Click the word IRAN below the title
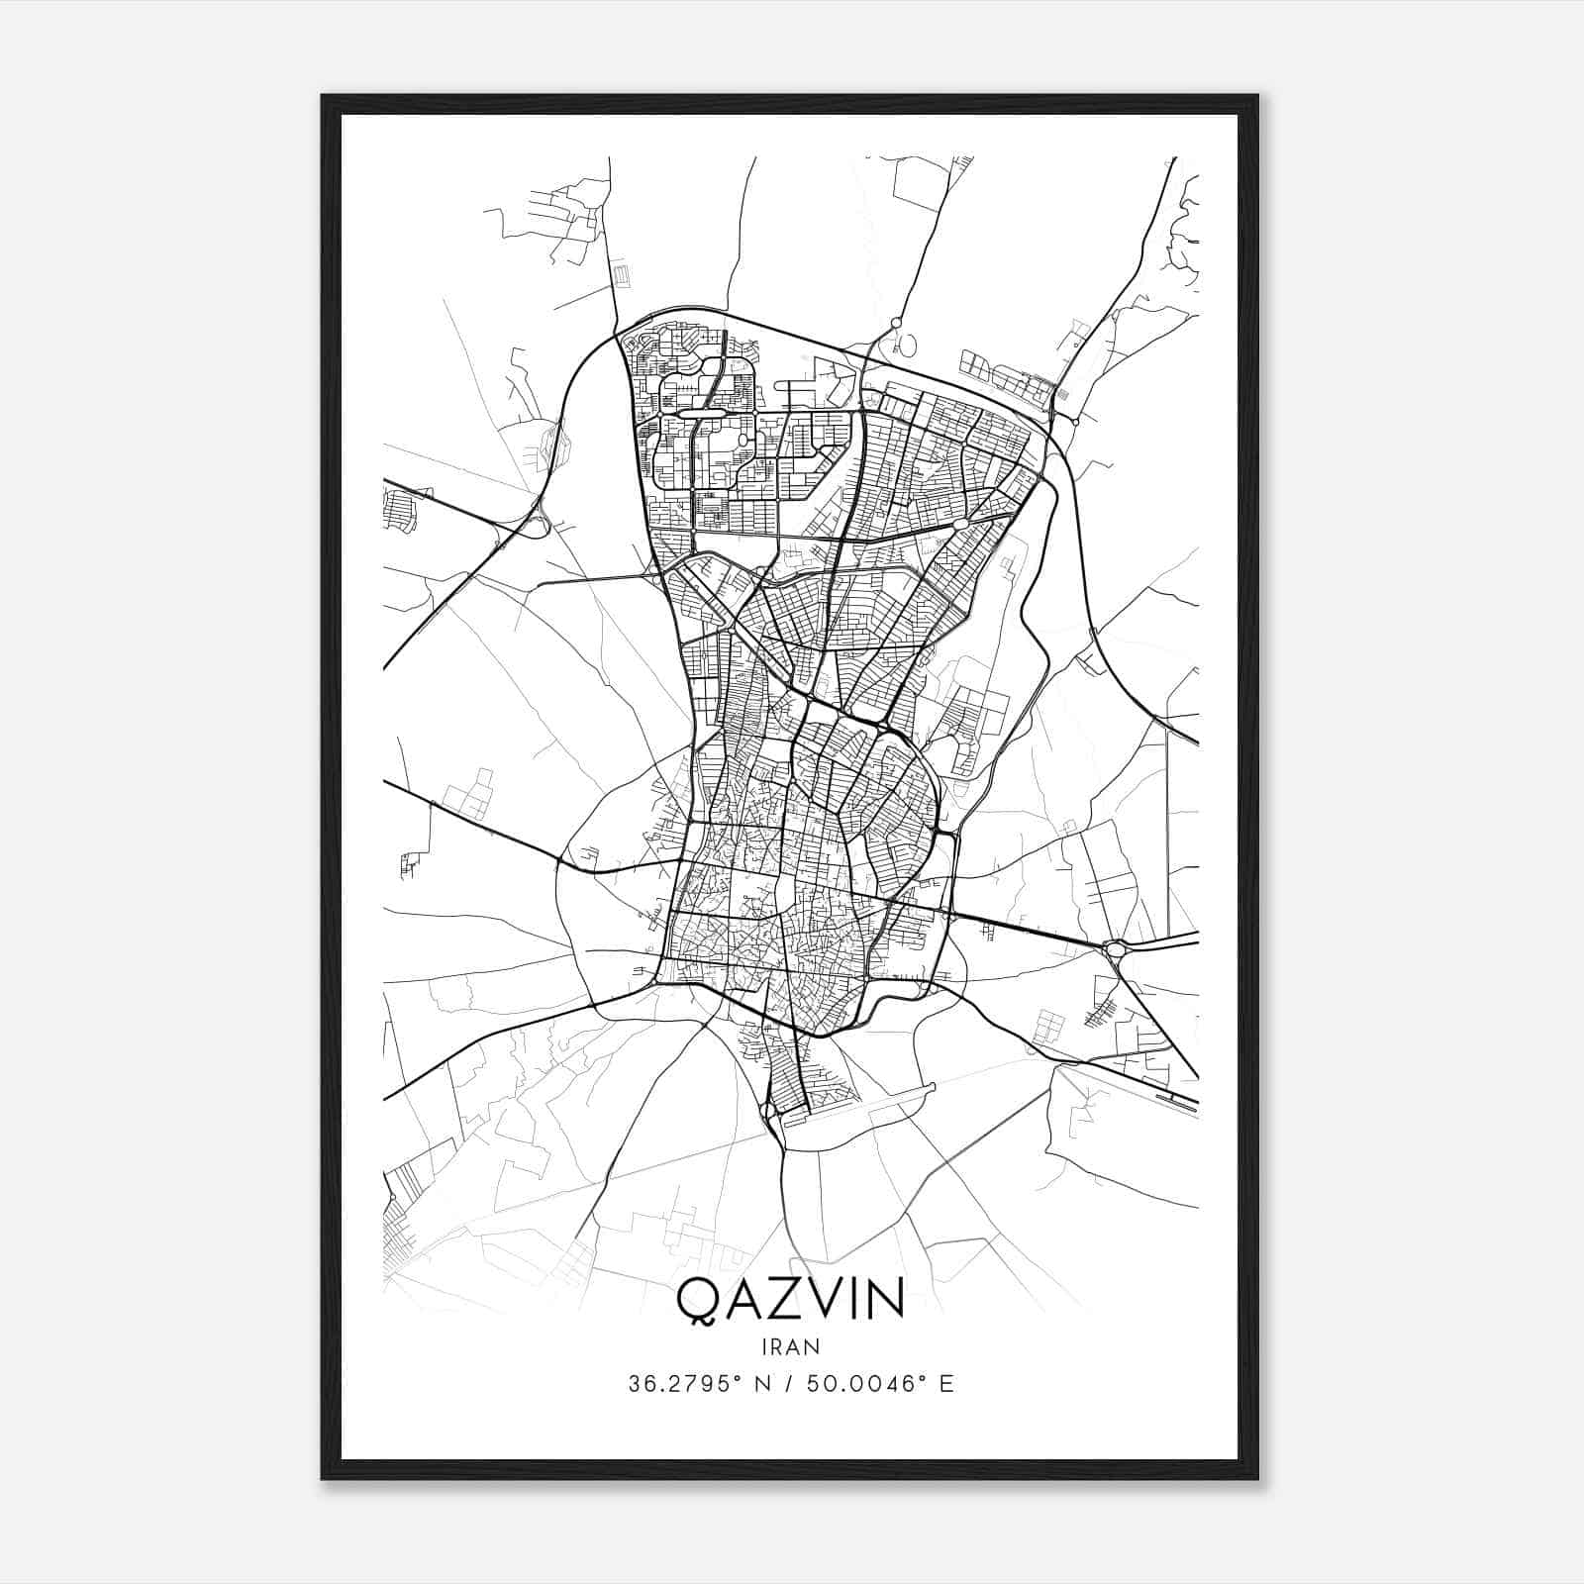tap(790, 1346)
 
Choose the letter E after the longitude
tap(947, 1384)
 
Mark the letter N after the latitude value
tap(761, 1384)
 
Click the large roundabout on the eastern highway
tap(1117, 949)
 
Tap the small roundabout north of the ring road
tap(896, 323)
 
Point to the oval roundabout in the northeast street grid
tap(959, 524)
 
